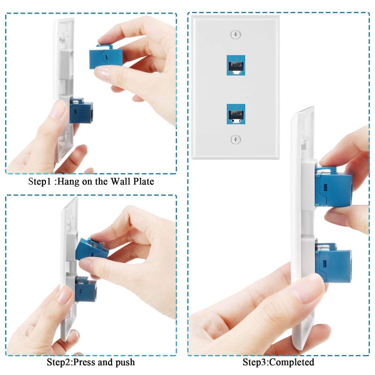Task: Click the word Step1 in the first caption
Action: pos(40,181)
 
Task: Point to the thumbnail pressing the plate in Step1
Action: pos(59,110)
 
